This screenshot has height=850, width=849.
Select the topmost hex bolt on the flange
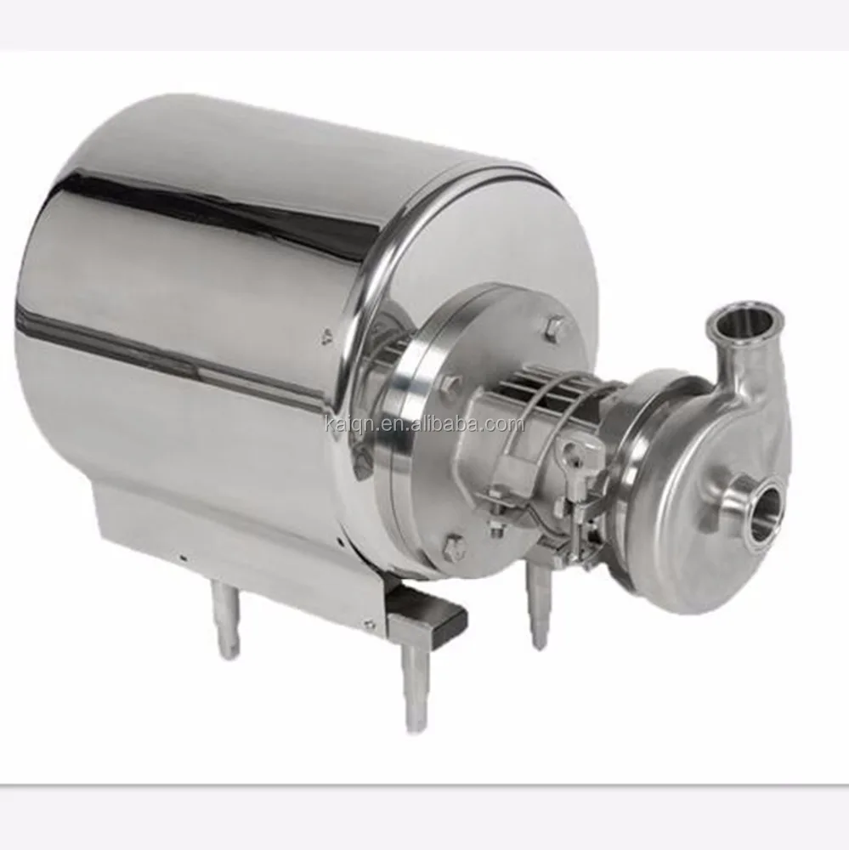click(x=557, y=326)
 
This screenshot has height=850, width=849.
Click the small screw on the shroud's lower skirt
click(x=183, y=558)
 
